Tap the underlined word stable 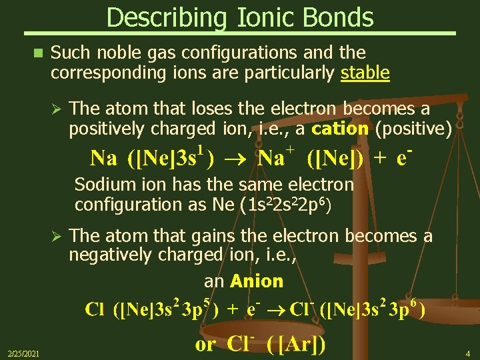(365, 72)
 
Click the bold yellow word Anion (257, 281)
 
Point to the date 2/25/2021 (23, 353)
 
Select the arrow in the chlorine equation (278, 311)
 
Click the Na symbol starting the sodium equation (103, 159)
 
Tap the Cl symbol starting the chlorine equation (95, 311)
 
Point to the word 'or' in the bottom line (205, 345)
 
